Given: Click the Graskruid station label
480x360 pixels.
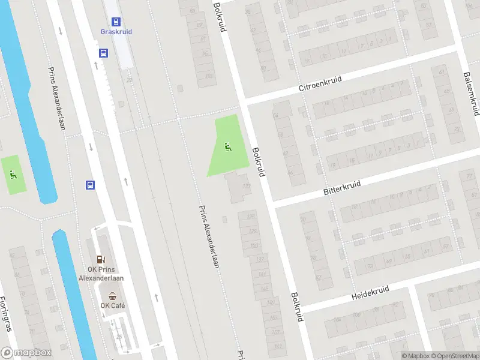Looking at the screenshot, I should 116,32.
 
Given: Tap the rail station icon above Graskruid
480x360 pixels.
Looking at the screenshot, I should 116,20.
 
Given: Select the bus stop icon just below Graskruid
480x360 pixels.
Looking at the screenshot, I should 104,53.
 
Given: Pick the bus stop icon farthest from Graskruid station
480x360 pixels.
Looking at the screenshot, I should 90,185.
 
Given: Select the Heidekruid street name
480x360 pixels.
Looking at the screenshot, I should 370,292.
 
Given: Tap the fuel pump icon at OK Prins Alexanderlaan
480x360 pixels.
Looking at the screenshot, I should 101,260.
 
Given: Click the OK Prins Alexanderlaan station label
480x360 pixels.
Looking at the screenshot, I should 101,274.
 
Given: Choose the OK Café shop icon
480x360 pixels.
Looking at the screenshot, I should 112,295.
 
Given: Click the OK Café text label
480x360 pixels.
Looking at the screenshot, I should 112,306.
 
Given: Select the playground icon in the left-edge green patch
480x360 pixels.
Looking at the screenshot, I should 13,175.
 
